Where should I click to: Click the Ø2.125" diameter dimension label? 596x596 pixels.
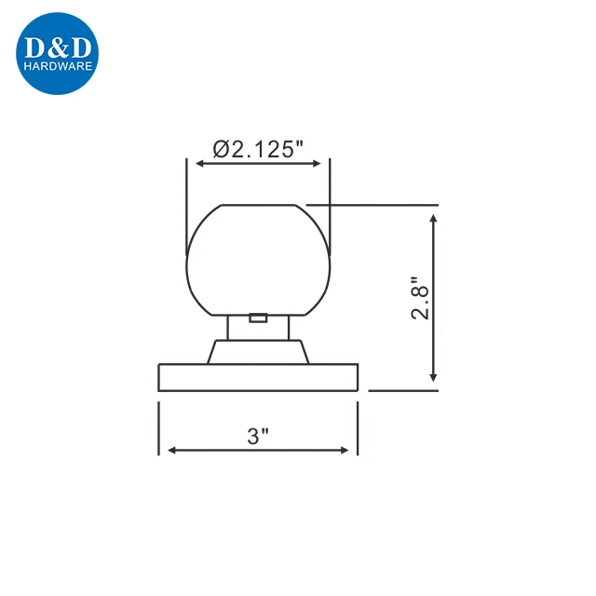[258, 147]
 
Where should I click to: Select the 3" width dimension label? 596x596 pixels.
[258, 435]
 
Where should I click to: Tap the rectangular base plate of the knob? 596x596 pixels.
[258, 377]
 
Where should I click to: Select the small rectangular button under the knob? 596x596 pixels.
[259, 318]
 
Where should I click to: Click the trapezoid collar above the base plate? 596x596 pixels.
[258, 352]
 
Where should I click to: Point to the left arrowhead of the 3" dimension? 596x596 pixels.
[170, 451]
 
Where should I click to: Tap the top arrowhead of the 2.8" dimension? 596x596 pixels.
[434, 216]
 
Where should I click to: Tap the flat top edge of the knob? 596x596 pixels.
[258, 204]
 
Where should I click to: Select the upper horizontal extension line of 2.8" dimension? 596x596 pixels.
[372, 203]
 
